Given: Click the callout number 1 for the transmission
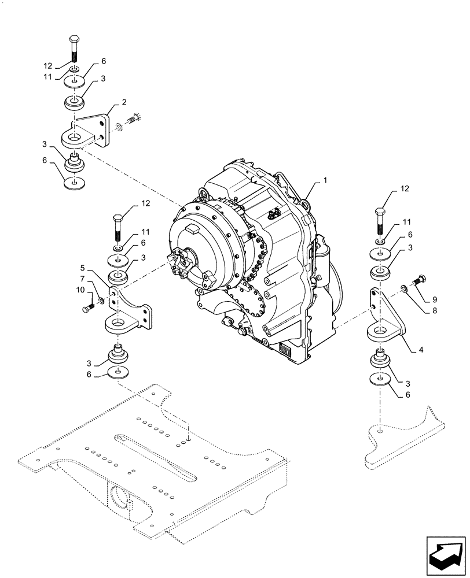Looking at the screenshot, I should click(x=325, y=181).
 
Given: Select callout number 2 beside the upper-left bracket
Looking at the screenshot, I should click(x=124, y=103).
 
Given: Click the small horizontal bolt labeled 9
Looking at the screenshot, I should click(x=418, y=281).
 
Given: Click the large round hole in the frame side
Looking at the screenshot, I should click(x=122, y=496).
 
